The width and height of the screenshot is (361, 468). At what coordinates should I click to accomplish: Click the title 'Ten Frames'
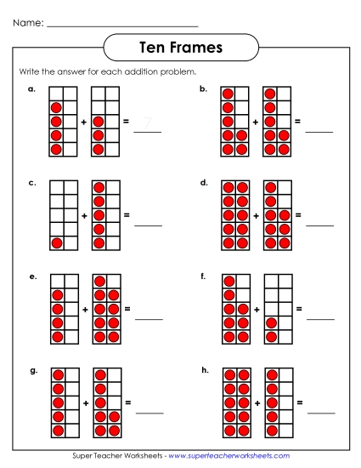[x=179, y=48]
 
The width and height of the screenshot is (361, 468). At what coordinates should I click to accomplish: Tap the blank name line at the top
[x=122, y=26]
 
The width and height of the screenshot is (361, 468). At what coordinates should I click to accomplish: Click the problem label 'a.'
[x=31, y=88]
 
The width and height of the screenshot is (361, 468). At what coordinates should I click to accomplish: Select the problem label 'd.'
[x=204, y=182]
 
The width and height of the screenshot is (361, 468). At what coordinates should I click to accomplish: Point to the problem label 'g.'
[x=32, y=370]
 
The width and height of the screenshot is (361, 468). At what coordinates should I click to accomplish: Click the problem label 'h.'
[x=204, y=370]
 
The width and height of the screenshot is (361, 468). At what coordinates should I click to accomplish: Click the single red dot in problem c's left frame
[x=57, y=243]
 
